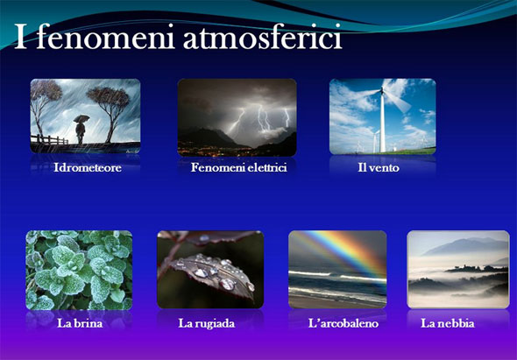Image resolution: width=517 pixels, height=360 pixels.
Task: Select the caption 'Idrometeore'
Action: [x=87, y=168]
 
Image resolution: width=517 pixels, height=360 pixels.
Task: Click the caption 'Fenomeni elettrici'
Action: [x=239, y=168]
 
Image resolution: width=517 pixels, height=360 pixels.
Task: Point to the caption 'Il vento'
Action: [x=379, y=168]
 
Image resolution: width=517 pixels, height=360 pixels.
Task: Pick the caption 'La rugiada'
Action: [x=207, y=323]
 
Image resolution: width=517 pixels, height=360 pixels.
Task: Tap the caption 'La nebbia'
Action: [x=448, y=323]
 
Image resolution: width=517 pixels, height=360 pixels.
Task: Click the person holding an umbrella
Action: [x=81, y=128]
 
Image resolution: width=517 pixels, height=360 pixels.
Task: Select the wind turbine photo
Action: [x=382, y=116]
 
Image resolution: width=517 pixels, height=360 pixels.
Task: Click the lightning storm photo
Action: [x=237, y=116]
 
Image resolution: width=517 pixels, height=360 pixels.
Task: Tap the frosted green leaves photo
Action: [x=79, y=270]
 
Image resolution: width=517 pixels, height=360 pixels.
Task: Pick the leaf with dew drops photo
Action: [x=209, y=270]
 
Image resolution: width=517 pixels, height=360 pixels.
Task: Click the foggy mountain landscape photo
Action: [x=457, y=270]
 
